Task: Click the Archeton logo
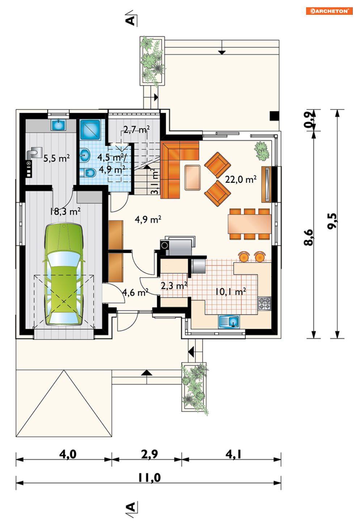coord(329,11)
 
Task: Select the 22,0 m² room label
coord(241,179)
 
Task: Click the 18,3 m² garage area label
coord(65,211)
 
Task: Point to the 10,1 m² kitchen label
coord(231,292)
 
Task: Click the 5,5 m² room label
coord(56,158)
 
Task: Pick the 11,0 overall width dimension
coord(149,478)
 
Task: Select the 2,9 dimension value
coord(149,454)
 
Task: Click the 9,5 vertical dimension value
coord(332,221)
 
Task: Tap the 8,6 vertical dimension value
coord(309,237)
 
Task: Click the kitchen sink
coord(229,321)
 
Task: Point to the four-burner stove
coord(264,303)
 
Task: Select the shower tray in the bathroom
coord(90,130)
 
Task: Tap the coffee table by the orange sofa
coord(193,177)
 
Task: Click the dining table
coord(250,224)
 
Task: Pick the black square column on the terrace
coord(275,116)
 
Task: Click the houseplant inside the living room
coord(262,151)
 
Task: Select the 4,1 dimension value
coord(233,454)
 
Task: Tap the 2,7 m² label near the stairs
coord(136,130)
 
